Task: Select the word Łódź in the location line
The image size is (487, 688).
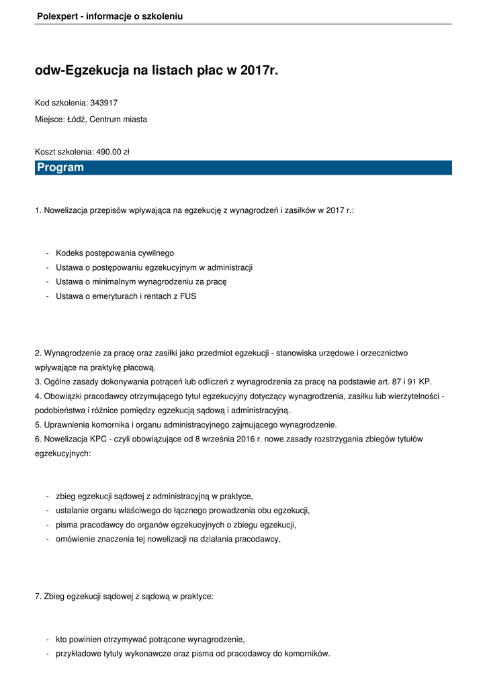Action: click(x=76, y=120)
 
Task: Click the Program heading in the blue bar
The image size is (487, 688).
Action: click(x=60, y=167)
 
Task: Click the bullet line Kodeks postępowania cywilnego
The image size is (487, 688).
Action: click(x=115, y=253)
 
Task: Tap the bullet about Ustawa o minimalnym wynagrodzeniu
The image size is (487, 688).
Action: click(x=141, y=282)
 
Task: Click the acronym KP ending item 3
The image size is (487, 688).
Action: click(x=425, y=381)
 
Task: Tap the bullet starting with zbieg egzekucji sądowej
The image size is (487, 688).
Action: click(x=154, y=497)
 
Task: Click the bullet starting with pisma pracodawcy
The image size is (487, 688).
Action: click(x=176, y=525)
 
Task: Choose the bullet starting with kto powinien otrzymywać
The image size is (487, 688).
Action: click(x=150, y=640)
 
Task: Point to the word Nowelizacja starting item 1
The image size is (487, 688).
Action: click(x=66, y=210)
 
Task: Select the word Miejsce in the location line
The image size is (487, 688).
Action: click(x=49, y=120)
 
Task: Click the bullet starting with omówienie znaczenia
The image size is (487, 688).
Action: click(x=168, y=539)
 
